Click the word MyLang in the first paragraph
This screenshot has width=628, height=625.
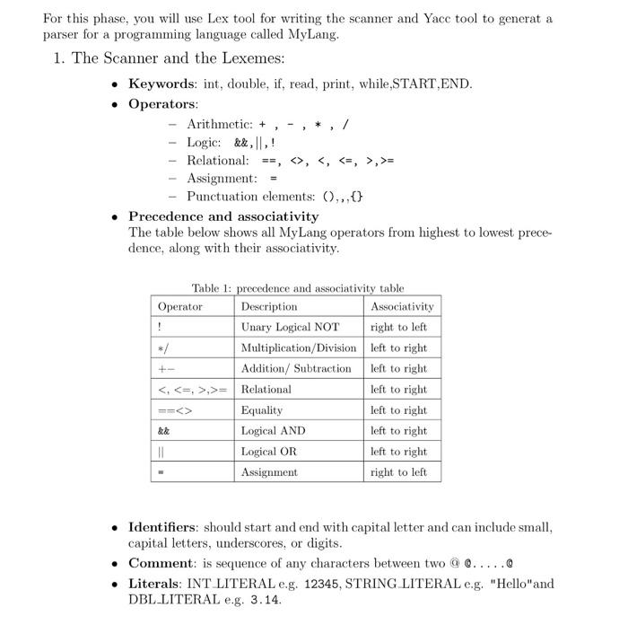[313, 34]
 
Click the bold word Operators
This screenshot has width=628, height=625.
[162, 103]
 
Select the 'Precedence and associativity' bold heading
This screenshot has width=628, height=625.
[223, 216]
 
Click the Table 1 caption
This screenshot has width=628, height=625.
[297, 288]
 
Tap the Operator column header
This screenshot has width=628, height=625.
[180, 307]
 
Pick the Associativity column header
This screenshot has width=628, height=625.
[401, 307]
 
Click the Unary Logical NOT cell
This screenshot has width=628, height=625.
[290, 328]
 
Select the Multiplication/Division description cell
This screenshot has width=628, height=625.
[298, 348]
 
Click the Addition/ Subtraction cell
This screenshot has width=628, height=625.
[296, 369]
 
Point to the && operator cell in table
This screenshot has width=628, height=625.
[164, 431]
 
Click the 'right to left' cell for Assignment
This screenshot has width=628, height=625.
[398, 472]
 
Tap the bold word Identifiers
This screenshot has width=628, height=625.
[164, 527]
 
